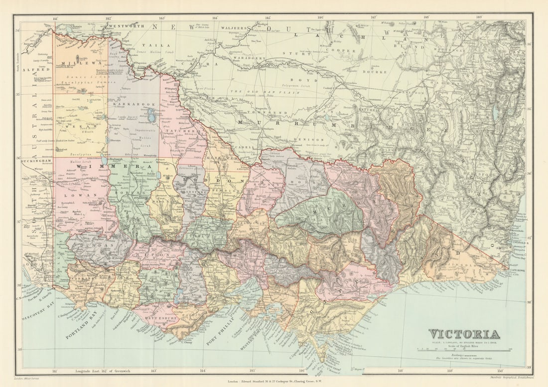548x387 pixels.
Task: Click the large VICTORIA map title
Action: coord(464,334)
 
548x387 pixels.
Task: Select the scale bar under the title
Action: coord(463,350)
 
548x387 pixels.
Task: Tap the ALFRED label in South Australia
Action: coord(38,70)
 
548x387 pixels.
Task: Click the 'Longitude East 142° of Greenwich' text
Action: coord(106,371)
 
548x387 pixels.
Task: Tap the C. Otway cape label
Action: coord(186,342)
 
